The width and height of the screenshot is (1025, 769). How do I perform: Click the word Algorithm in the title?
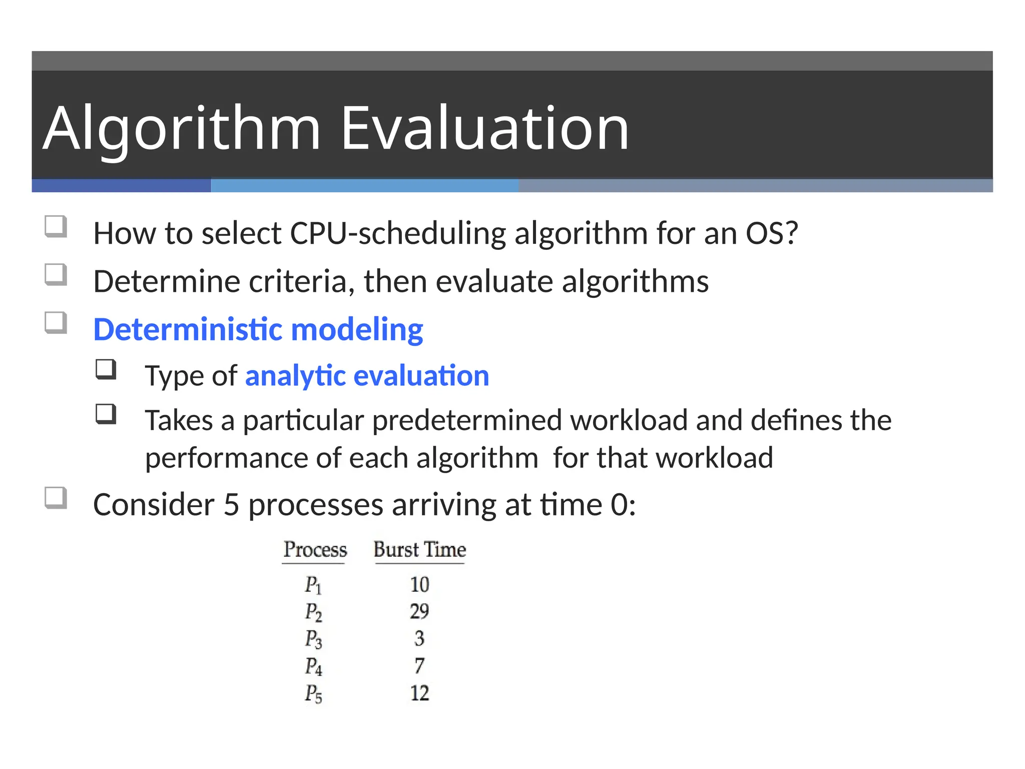[182, 129]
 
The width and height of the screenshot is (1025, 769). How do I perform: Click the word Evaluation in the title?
[484, 129]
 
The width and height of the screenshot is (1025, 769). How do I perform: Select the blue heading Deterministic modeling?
[258, 329]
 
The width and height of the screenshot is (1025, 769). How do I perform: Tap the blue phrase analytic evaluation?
[367, 375]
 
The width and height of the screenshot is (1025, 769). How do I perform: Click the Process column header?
[315, 550]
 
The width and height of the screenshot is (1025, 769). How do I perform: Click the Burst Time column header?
[419, 550]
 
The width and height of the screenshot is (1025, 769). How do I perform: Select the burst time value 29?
[419, 611]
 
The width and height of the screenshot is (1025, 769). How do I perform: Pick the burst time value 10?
[419, 584]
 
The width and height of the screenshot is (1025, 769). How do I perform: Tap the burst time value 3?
[419, 638]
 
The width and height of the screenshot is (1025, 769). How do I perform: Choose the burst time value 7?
[419, 666]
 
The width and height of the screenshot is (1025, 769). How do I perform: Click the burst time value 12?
[419, 693]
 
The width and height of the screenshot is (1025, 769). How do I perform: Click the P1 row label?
[313, 585]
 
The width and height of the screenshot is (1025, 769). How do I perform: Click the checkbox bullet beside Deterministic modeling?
[56, 323]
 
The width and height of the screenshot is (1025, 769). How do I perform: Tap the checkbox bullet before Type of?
[106, 369]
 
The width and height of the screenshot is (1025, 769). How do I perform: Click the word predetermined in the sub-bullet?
[467, 420]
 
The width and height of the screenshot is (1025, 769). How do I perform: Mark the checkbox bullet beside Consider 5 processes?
[56, 498]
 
